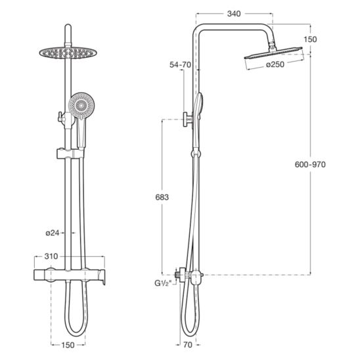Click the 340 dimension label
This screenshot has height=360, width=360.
pos(234,14)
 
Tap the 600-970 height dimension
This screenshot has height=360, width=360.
pos(310,164)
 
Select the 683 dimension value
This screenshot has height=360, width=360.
pos(162,197)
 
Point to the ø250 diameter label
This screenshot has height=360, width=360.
pos(275,64)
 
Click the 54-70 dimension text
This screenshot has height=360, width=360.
pos(180,65)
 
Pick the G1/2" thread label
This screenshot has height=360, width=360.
pos(163,284)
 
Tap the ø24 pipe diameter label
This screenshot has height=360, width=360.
pos(53,233)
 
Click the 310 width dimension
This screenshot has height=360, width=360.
pos(51,256)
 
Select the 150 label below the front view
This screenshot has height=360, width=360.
pos(68,345)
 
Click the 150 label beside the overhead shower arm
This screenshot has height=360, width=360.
pos(310,39)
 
